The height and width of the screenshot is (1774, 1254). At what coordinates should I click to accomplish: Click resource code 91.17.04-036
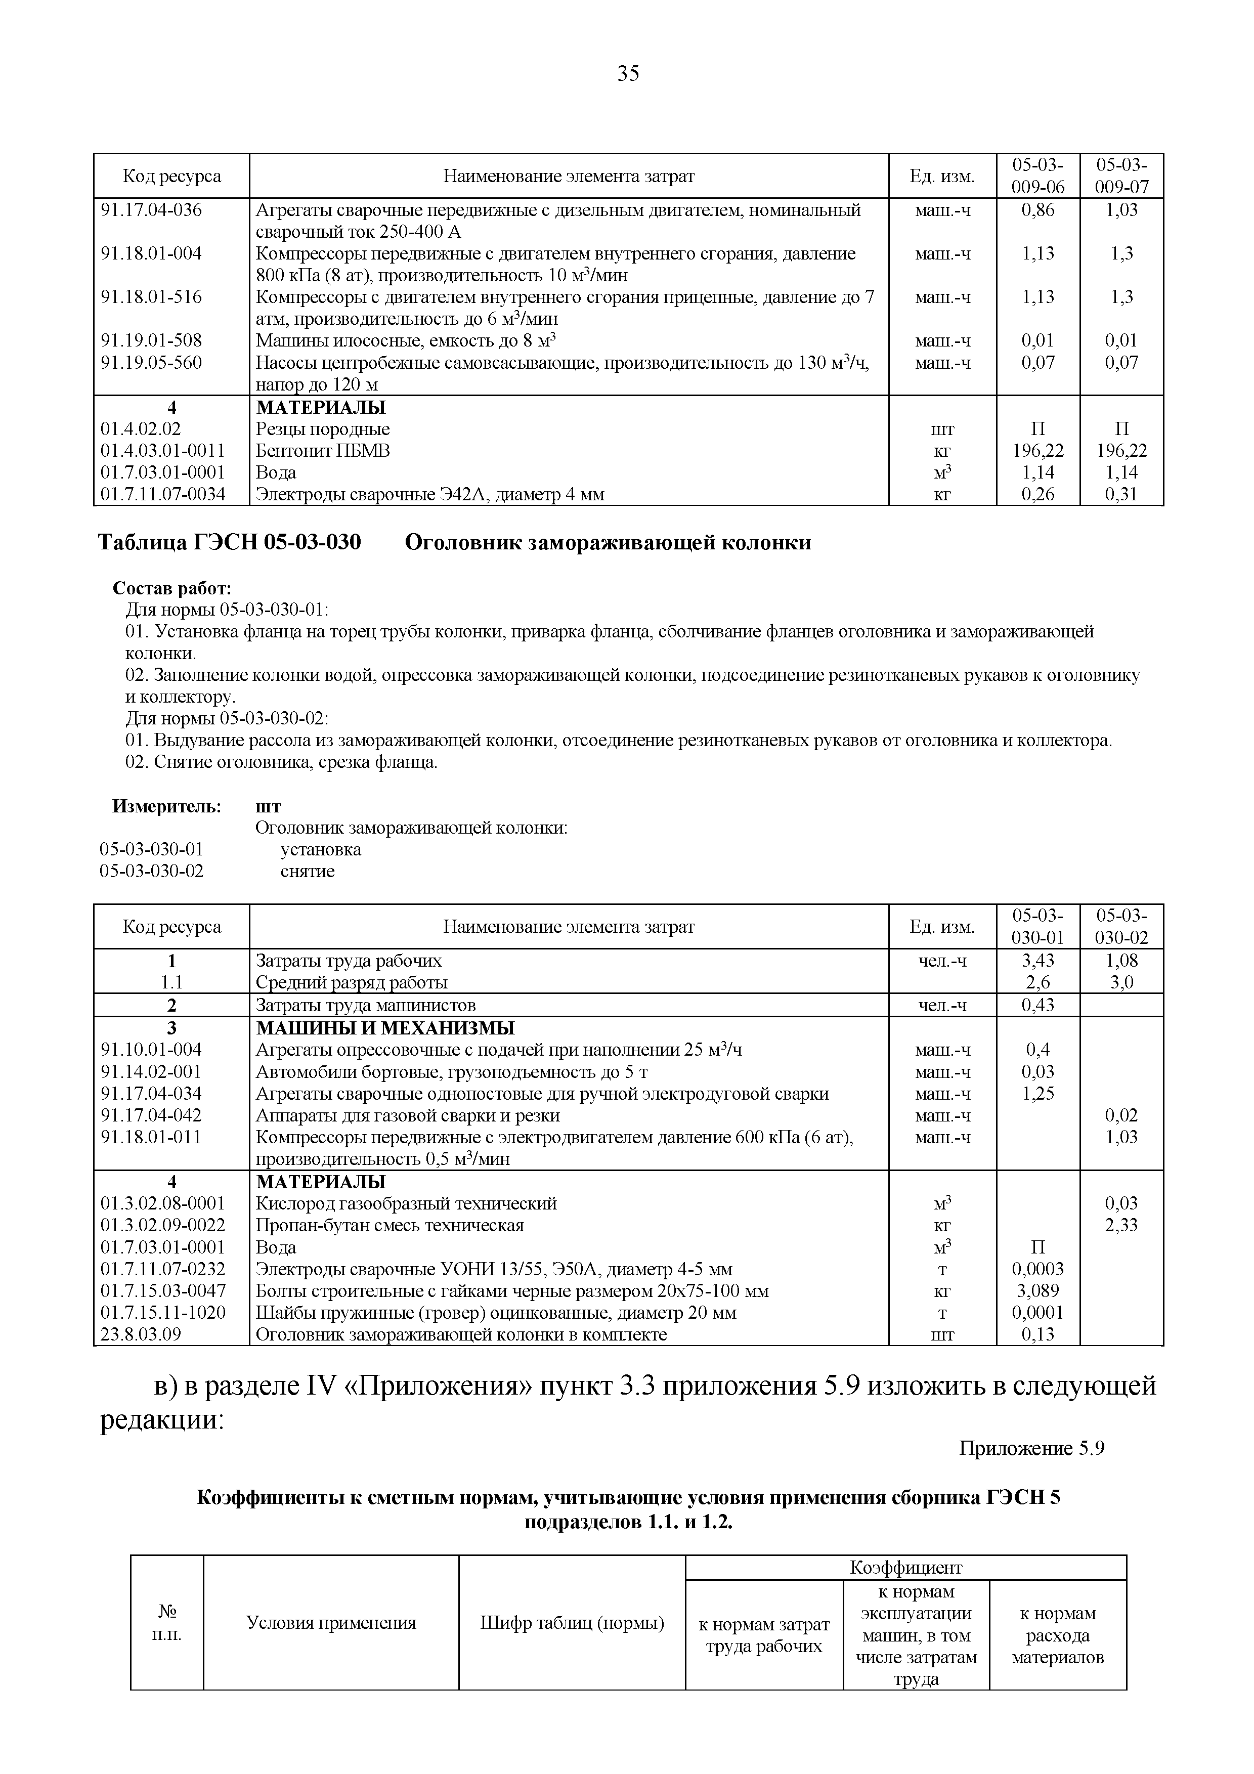coord(151,210)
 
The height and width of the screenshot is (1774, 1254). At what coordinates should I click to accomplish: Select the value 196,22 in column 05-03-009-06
coord(1037,450)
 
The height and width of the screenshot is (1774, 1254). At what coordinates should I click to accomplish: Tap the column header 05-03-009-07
coord(1121,176)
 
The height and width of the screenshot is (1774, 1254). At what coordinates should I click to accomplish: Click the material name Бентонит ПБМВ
coord(322,450)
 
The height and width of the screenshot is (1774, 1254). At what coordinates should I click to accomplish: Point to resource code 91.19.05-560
coord(151,362)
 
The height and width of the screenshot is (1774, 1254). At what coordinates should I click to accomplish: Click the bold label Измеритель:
coord(167,807)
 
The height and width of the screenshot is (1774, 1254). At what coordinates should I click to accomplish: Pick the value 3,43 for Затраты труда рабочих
coord(1037,961)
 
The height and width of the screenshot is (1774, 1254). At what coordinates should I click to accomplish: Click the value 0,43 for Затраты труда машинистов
coord(1037,1005)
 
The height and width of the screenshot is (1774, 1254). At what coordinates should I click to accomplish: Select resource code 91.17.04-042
coord(151,1116)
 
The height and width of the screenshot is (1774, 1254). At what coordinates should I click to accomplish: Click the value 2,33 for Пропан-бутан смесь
coord(1121,1226)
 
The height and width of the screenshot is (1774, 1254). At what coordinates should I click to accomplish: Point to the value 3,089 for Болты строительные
coord(1037,1291)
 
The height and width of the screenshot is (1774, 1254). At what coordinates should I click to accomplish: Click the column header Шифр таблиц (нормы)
coord(572,1623)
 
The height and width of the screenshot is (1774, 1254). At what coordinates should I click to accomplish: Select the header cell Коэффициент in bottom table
coord(905,1568)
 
